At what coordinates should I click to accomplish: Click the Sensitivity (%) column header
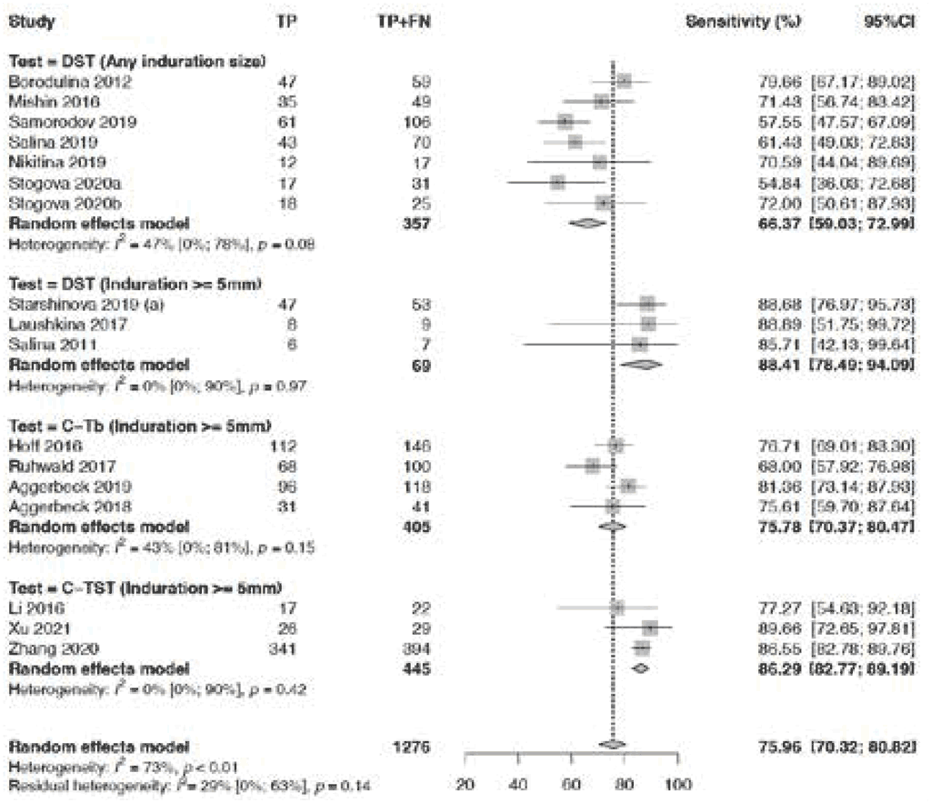coord(743,21)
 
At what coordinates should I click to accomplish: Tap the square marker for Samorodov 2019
coord(565,122)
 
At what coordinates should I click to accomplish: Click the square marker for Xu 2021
coord(649,627)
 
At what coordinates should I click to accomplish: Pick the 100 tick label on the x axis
coord(677,785)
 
